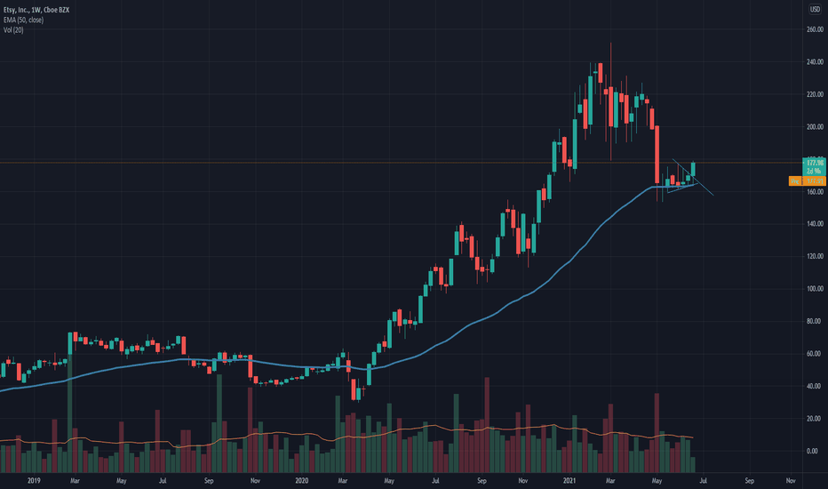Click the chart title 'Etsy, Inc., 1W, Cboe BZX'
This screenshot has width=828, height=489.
(x=35, y=9)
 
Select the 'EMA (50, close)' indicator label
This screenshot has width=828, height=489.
(x=25, y=20)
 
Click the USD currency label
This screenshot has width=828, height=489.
(x=813, y=10)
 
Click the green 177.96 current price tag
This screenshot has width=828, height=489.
(x=812, y=164)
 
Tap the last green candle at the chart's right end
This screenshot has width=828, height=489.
(x=693, y=169)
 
